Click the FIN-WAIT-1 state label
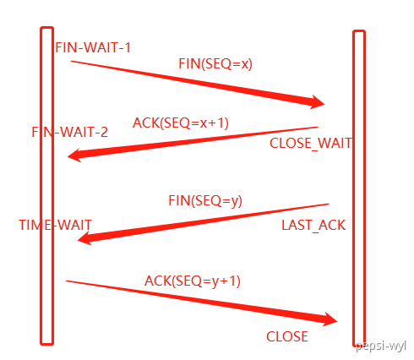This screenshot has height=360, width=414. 93,47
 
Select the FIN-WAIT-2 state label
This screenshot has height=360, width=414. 69,132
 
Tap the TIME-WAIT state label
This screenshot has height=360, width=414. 55,225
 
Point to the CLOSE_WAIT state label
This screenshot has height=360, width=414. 311,143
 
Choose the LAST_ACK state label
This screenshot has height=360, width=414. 313,225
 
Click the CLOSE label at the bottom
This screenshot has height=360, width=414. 287,336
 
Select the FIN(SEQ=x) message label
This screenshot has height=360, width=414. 215,64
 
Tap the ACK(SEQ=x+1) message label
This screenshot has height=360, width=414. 181,123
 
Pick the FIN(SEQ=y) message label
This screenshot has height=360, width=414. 205,201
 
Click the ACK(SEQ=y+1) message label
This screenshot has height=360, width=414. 193,281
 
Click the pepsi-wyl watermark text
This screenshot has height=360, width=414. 381,346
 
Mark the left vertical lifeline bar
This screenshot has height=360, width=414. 47,186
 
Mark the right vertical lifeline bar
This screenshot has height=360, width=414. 359,188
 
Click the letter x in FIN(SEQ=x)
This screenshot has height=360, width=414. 245,64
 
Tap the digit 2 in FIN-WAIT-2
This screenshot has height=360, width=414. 104,132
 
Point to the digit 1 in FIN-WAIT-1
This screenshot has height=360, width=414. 128,47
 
